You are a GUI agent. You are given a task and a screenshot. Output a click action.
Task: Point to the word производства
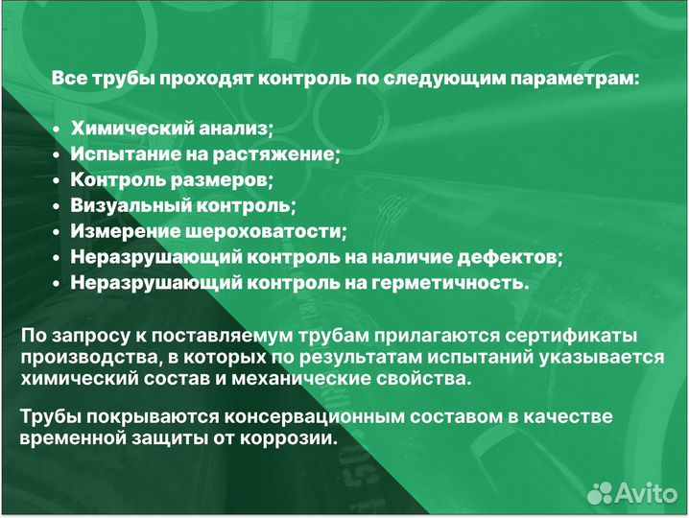pos(81,357)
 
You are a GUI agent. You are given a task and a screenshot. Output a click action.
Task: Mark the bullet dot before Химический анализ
pos(58,129)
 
